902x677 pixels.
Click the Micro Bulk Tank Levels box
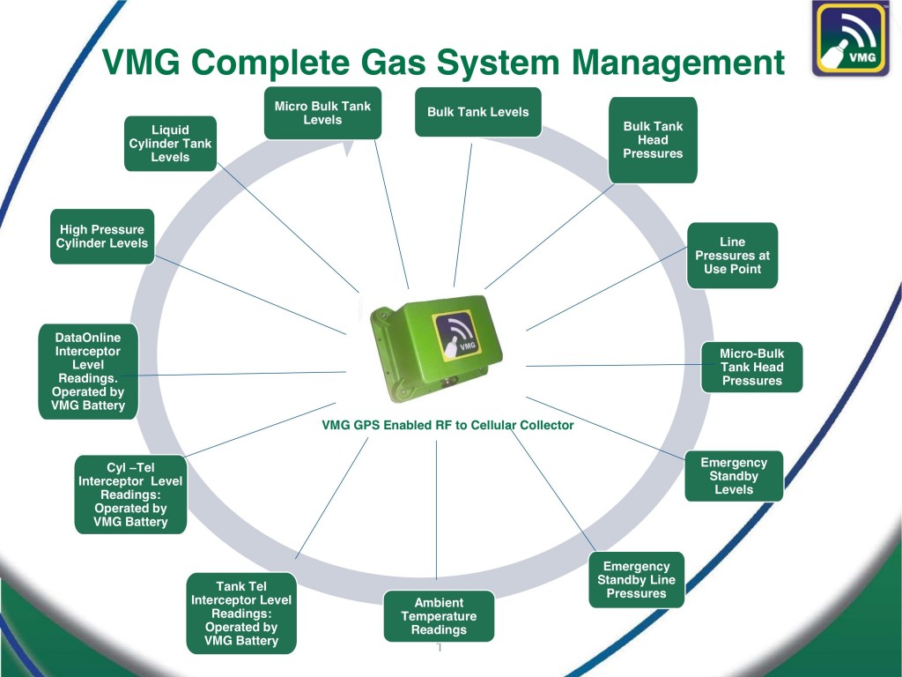coord(322,113)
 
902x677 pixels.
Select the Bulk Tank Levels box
coord(477,112)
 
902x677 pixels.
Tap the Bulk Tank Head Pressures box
coord(653,140)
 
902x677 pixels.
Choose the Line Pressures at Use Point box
coord(732,255)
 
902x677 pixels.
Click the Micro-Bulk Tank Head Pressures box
coord(751,367)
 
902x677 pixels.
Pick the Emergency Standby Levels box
coord(734,476)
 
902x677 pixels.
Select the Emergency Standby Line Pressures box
coord(636,580)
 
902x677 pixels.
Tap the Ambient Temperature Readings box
coord(439,616)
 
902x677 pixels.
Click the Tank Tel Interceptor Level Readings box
coord(241,614)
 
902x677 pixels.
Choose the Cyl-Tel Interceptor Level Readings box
coord(130,495)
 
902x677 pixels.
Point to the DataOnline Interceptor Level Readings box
coord(88,371)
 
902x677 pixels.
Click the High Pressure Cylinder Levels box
coord(102,236)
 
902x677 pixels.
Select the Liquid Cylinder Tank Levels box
coord(170,143)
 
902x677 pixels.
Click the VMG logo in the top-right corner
coord(850,40)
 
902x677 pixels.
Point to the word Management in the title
coord(677,63)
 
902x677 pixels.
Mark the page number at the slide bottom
coord(439,650)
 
